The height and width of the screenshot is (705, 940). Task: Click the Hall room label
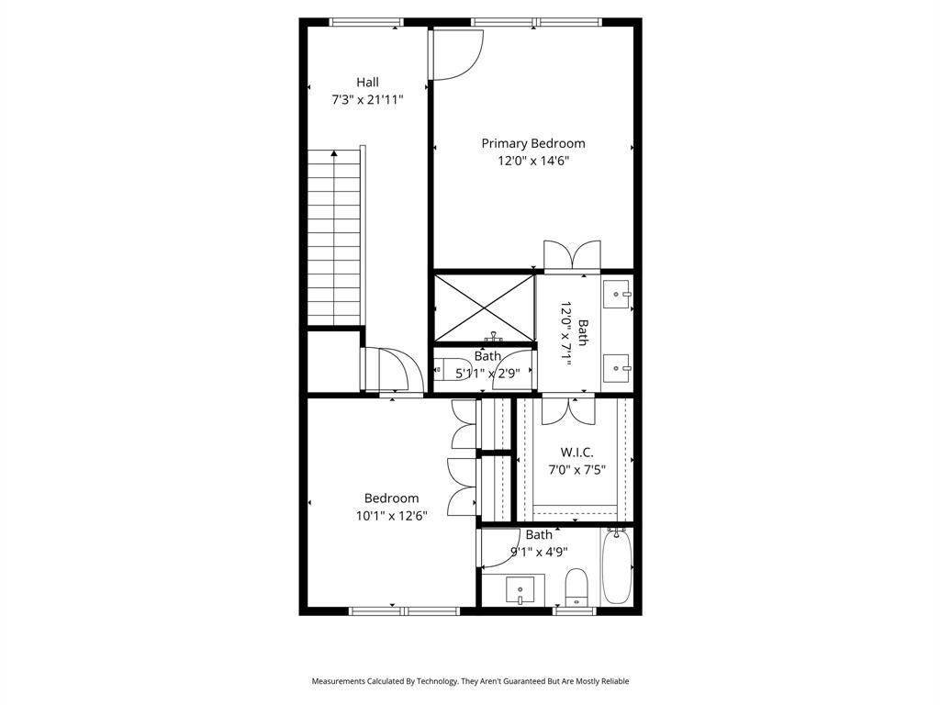pyautogui.click(x=367, y=83)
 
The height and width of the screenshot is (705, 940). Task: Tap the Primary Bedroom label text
pyautogui.click(x=533, y=143)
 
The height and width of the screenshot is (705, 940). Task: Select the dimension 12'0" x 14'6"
pyautogui.click(x=533, y=161)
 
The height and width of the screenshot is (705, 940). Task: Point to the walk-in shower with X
pyautogui.click(x=484, y=307)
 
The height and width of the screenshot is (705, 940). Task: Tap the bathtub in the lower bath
pyautogui.click(x=617, y=565)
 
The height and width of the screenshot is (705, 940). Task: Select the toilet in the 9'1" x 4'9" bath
pyautogui.click(x=576, y=585)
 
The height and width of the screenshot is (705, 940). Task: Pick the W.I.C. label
pyautogui.click(x=576, y=453)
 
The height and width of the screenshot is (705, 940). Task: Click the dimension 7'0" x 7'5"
pyautogui.click(x=576, y=470)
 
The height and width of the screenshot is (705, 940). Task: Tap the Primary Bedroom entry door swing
pyautogui.click(x=456, y=55)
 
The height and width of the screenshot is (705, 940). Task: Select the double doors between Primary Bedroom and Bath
pyautogui.click(x=572, y=256)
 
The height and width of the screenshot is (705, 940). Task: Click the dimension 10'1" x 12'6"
pyautogui.click(x=392, y=516)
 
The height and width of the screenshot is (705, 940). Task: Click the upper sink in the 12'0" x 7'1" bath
pyautogui.click(x=616, y=295)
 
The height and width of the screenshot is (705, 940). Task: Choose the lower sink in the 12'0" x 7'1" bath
pyautogui.click(x=616, y=368)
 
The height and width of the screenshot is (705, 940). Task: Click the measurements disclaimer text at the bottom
pyautogui.click(x=470, y=681)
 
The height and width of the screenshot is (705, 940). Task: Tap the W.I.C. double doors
pyautogui.click(x=569, y=409)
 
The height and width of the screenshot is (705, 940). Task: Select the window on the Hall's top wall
pyautogui.click(x=365, y=22)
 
